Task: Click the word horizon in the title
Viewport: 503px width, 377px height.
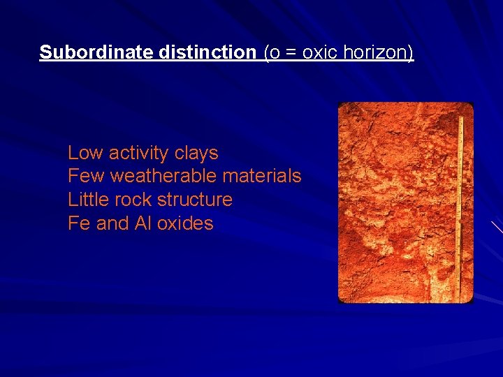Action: (378, 52)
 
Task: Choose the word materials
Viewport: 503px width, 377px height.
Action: (262, 176)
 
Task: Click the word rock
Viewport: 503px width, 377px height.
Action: (136, 200)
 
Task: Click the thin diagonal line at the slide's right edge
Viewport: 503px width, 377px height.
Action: (496, 226)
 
